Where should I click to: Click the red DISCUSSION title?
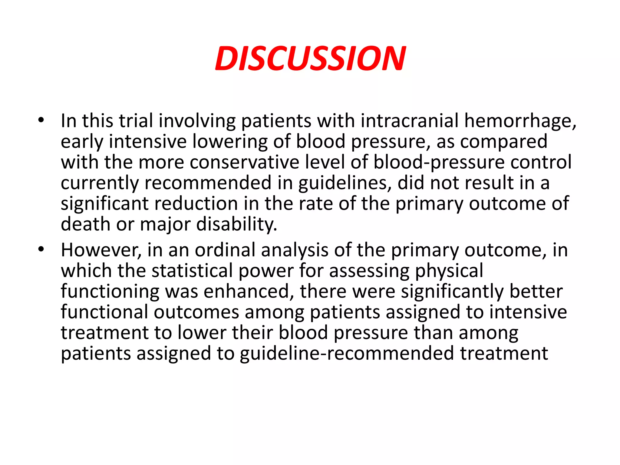(310, 59)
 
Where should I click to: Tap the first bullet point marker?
(41, 120)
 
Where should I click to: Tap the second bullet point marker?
(41, 250)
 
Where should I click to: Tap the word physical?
(449, 271)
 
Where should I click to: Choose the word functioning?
(110, 292)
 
